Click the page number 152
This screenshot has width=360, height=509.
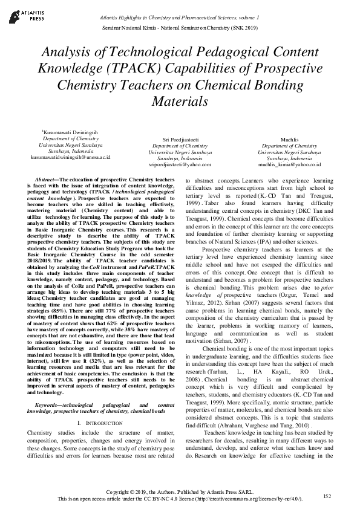[327, 495]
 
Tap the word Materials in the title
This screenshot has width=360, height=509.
[180, 101]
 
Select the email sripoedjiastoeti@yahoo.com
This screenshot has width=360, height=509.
[180, 164]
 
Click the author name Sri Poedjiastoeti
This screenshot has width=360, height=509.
[180, 140]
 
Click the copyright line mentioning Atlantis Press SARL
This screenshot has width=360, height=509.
[180, 492]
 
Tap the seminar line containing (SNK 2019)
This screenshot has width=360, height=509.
[180, 28]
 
